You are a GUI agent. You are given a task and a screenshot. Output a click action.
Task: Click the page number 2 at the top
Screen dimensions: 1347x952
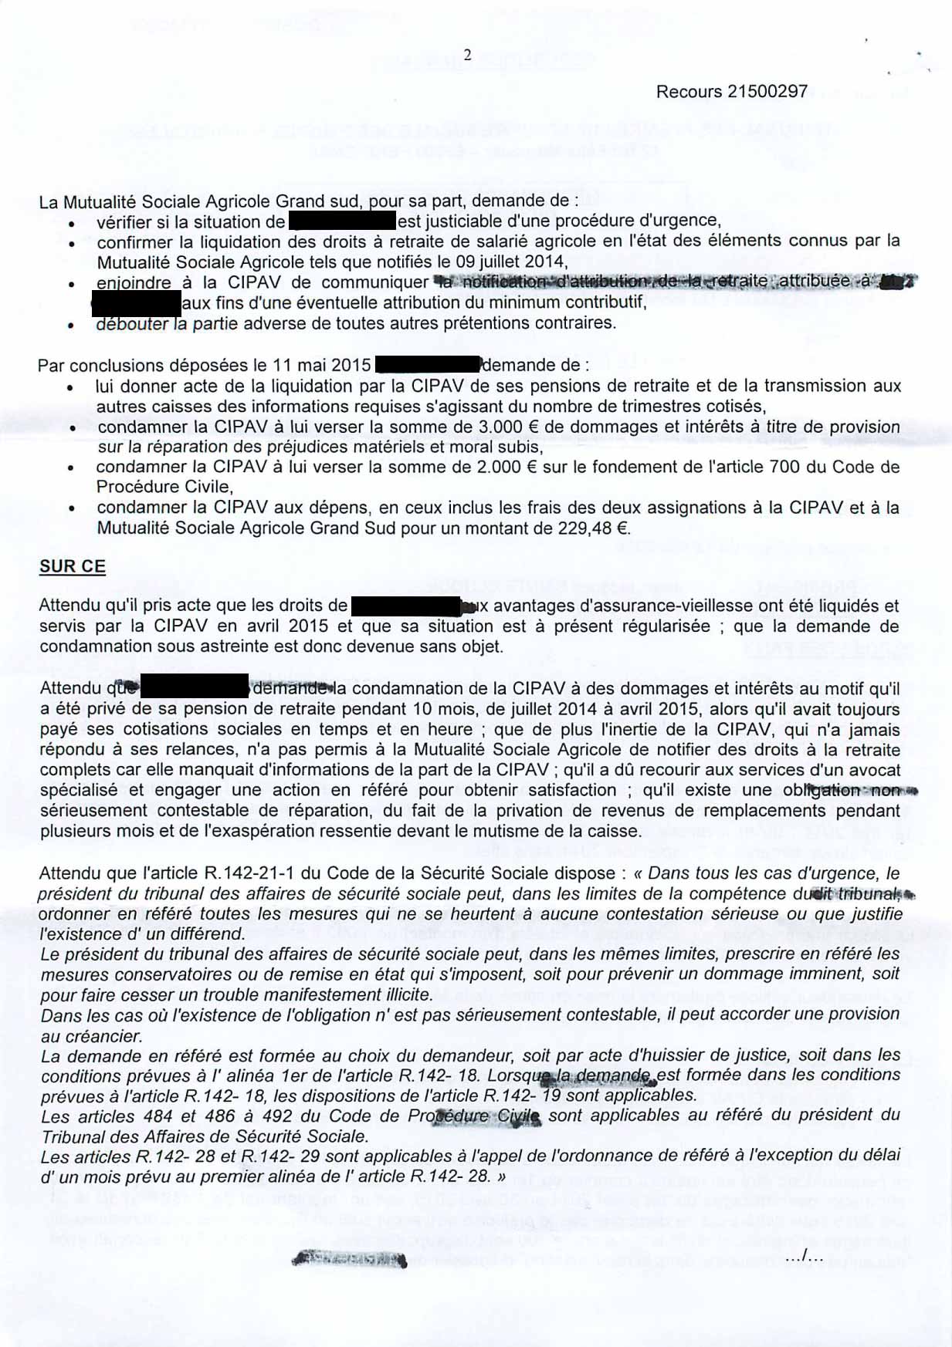point(467,55)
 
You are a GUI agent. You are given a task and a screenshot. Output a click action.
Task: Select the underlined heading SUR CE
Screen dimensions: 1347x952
point(73,566)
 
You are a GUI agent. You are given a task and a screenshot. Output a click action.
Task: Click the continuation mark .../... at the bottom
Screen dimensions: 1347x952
point(804,1259)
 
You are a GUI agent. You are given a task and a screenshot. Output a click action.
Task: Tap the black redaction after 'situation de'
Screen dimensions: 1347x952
point(342,221)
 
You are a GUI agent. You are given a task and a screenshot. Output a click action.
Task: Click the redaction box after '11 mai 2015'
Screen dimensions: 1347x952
point(427,364)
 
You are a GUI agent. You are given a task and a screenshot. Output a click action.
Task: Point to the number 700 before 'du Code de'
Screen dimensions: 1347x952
point(784,467)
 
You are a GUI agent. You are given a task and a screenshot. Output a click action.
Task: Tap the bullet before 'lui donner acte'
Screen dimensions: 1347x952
point(71,387)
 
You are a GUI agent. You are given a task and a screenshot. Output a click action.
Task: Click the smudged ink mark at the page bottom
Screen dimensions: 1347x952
point(349,1260)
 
